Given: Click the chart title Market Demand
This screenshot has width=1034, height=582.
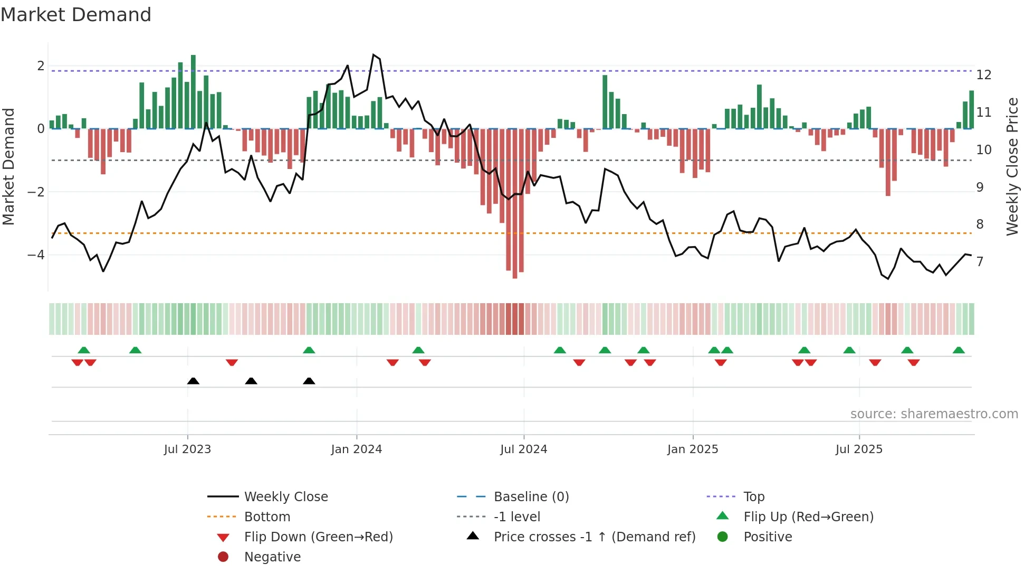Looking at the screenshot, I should (x=76, y=15).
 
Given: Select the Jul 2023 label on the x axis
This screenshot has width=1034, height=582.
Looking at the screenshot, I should (x=187, y=449).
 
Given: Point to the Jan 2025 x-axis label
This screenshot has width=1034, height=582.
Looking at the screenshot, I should (x=692, y=449).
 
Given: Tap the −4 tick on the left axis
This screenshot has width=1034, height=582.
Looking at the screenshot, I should (x=36, y=255).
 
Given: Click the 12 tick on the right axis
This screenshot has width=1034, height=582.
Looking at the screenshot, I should (x=984, y=75).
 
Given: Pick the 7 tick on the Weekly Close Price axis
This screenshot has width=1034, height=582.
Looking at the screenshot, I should (x=980, y=262).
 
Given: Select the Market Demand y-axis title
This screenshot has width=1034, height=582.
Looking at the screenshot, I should (x=8, y=166).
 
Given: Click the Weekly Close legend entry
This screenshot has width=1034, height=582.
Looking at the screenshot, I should (x=285, y=497).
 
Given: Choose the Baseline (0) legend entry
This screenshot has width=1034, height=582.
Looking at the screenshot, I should (x=531, y=497).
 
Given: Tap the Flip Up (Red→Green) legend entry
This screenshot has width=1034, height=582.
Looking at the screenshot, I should (x=808, y=517).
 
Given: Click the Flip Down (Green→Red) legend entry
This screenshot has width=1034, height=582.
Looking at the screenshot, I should (x=318, y=537).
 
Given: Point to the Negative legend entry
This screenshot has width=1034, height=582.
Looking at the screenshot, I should (x=272, y=557).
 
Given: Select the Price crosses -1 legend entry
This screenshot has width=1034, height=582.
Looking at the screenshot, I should (x=594, y=537).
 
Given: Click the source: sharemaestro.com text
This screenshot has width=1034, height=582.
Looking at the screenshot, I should (x=934, y=414).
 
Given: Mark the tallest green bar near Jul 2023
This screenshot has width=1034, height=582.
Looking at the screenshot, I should (x=193, y=92).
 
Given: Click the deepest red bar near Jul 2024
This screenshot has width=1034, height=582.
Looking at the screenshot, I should (x=515, y=203).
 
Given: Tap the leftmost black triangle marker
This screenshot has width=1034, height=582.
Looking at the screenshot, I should (x=193, y=381).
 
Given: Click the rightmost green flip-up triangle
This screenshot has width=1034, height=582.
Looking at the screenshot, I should (x=959, y=350).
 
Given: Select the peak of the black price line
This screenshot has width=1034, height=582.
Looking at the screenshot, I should (x=374, y=55).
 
